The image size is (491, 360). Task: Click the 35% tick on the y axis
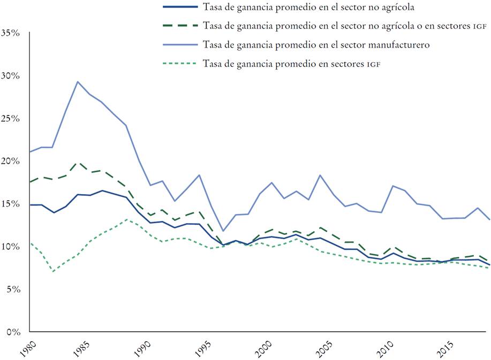(11, 33)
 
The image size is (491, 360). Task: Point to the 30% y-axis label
(11, 75)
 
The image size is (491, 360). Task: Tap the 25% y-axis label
(11, 118)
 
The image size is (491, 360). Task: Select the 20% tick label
(11, 161)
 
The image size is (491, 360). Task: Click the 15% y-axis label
(11, 204)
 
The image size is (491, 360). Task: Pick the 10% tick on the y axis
(11, 247)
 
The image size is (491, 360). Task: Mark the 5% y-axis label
(13, 289)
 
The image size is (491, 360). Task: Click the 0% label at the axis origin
(13, 332)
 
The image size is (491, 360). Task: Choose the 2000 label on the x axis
(264, 348)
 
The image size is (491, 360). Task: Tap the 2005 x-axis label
(324, 348)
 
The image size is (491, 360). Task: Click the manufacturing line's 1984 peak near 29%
(78, 82)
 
